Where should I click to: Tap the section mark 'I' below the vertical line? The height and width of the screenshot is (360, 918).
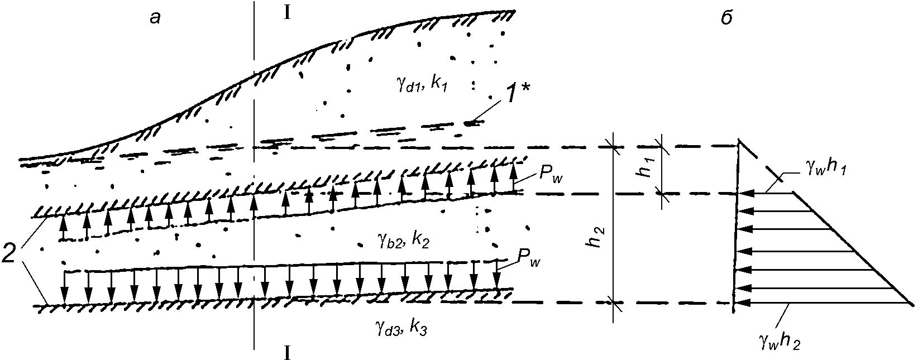click(287, 353)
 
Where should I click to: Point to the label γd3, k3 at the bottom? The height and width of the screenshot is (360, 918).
click(400, 327)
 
